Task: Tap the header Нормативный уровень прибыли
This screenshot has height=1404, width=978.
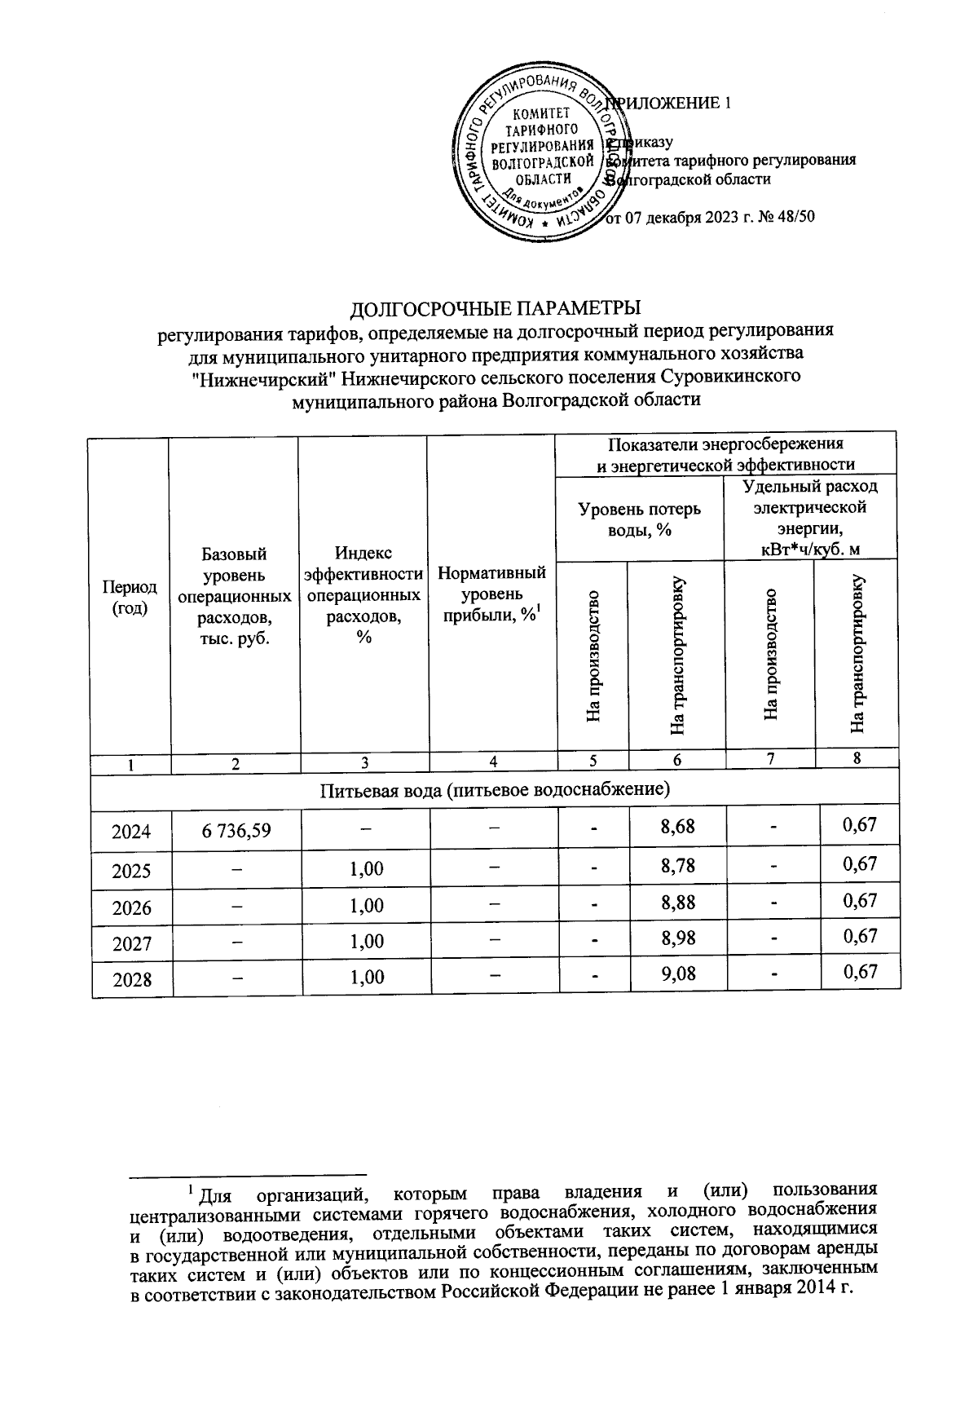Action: pyautogui.click(x=491, y=594)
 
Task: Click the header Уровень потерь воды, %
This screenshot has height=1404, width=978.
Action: pyautogui.click(x=640, y=519)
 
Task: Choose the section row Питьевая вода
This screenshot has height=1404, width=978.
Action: pyautogui.click(x=495, y=790)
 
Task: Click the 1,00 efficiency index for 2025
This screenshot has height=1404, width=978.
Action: pyautogui.click(x=366, y=868)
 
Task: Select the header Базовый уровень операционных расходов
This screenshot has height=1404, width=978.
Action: pyautogui.click(x=235, y=596)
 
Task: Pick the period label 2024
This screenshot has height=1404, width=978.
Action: pyautogui.click(x=131, y=832)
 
